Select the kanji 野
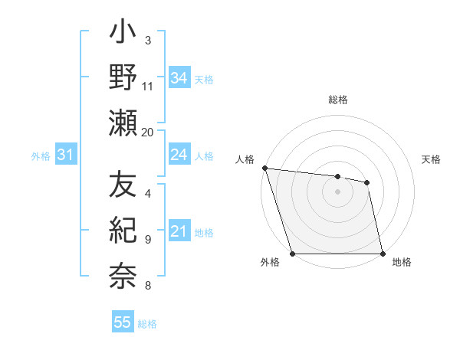coord(123,79)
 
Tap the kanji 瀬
coord(123,122)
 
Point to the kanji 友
coord(123,185)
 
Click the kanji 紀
coord(123,229)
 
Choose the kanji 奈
coord(123,272)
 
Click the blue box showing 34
coord(179,77)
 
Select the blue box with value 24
coord(179,155)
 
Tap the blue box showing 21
coord(179,231)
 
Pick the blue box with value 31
coord(65,155)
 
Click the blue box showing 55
coord(123,322)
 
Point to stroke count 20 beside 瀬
coord(148,133)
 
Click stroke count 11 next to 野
coord(148,86)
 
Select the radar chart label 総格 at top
coord(338,100)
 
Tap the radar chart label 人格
coord(245,159)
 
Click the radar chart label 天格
coord(432,159)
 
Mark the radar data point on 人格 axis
coord(264,168)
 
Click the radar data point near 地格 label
coord(383,254)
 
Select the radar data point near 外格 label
coord(293,254)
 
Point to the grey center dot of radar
coord(338,191)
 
